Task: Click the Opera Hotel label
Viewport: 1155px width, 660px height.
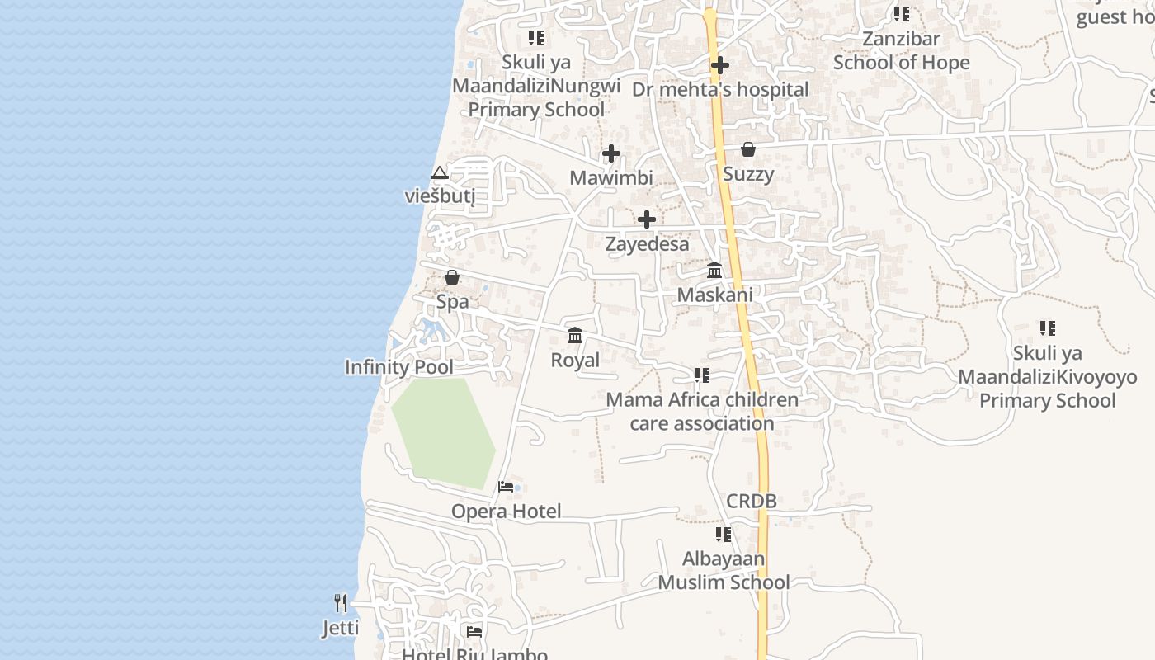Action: pos(506,511)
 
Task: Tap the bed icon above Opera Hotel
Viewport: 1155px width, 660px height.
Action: pos(506,487)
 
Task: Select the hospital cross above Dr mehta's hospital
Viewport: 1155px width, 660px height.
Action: pos(720,64)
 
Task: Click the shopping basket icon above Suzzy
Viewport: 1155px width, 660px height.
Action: pos(748,149)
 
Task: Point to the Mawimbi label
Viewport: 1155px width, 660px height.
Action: pos(611,177)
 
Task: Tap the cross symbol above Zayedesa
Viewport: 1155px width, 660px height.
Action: pos(647,219)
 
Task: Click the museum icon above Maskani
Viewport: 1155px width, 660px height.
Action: pos(714,270)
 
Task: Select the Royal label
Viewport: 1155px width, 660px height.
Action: pos(575,361)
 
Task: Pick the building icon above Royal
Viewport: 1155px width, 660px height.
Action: pos(575,335)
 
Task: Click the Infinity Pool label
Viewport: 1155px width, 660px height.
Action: pos(399,367)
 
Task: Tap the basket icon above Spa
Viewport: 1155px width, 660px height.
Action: pos(452,277)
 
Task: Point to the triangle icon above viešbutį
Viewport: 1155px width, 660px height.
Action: pos(440,172)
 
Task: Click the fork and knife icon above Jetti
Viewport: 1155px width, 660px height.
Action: pos(341,603)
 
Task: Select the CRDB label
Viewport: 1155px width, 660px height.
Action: pos(752,501)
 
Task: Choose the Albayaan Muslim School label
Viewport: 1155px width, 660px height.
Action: pos(724,571)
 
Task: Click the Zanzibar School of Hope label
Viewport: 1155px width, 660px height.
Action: pos(901,50)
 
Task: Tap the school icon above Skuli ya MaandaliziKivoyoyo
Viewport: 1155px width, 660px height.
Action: pos(1048,328)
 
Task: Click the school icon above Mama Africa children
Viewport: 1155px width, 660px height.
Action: pos(702,376)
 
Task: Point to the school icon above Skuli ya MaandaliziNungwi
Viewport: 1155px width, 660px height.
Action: pos(536,38)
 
